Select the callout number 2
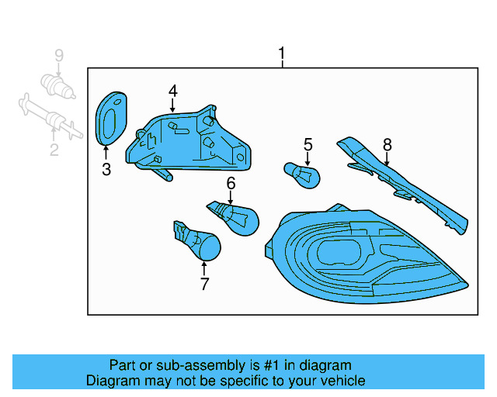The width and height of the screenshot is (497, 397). tap(54, 150)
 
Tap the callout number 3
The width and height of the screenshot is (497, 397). tap(106, 170)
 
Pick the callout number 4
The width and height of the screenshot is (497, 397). tap(172, 91)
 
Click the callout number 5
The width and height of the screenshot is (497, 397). tap(308, 144)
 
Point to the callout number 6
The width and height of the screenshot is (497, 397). tap(231, 183)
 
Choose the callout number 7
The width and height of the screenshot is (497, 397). tap(204, 285)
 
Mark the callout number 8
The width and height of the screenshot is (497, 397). tap(387, 144)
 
